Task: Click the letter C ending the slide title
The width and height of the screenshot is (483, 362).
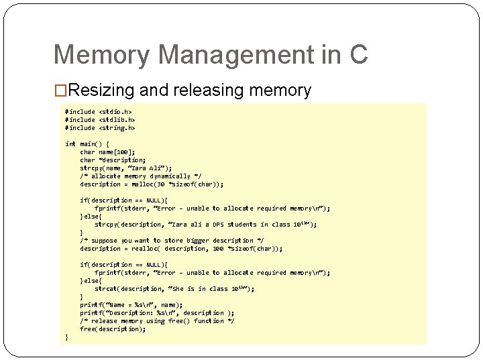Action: pos(358,54)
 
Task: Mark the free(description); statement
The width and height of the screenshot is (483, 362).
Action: pos(113,328)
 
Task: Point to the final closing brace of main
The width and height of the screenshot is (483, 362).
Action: pos(66,337)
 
